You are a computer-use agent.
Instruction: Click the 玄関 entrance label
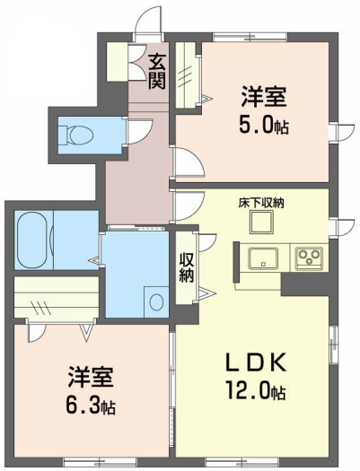[x=157, y=72]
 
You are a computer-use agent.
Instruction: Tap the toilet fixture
[x=75, y=135]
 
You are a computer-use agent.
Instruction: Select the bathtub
[x=33, y=240]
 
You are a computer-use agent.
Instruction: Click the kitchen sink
[x=263, y=257]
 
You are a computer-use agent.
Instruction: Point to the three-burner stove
[x=309, y=258]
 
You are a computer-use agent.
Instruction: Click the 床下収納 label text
[x=261, y=204]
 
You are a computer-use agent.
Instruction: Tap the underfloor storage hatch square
[x=261, y=222]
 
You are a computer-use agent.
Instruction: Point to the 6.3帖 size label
[x=91, y=406]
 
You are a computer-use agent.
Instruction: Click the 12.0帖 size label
[x=256, y=391]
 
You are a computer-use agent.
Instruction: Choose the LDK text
[x=256, y=362]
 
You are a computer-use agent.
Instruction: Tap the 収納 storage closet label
[x=187, y=267]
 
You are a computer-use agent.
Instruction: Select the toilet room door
[x=140, y=132]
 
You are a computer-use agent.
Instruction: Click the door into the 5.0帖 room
[x=189, y=161]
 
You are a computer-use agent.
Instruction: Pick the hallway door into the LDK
[x=189, y=206]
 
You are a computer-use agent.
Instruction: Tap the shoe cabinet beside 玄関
[x=118, y=62]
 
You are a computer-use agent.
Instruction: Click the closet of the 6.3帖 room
[x=57, y=297]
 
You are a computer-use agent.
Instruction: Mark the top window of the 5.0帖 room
[x=250, y=37]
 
